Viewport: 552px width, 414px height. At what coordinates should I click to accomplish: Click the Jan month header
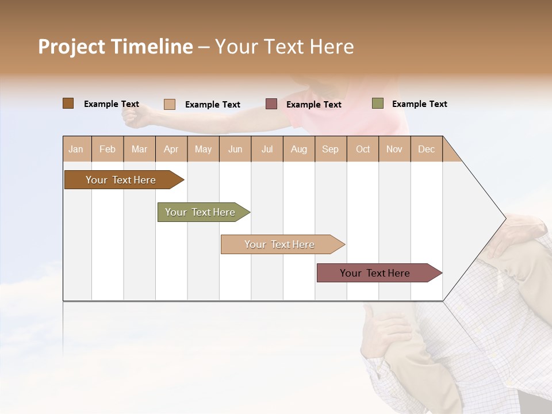(76, 149)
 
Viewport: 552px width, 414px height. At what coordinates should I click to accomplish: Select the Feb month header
(108, 149)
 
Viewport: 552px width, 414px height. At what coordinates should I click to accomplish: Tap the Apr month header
(171, 149)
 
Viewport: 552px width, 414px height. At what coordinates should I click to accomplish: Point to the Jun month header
(235, 149)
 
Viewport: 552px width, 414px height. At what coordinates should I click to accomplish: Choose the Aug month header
(298, 149)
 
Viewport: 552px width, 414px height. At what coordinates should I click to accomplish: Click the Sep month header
(330, 149)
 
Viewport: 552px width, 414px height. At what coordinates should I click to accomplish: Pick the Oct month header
(363, 149)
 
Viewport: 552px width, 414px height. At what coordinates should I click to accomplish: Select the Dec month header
(426, 149)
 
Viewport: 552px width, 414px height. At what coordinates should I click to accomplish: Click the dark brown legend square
(68, 103)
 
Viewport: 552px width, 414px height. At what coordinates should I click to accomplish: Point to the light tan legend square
(170, 104)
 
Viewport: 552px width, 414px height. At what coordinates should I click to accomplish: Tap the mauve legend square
(271, 104)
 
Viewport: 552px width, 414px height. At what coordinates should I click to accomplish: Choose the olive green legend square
(377, 103)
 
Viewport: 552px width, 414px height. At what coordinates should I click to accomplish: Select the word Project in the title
(72, 47)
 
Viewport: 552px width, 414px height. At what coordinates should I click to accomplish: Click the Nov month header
(394, 149)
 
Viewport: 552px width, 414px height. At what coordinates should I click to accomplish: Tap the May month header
(203, 149)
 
